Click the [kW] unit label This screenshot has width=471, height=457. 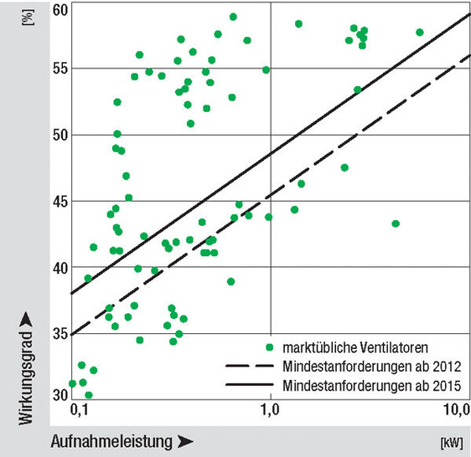pyautogui.click(x=451, y=440)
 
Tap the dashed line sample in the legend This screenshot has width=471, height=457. pyautogui.click(x=249, y=366)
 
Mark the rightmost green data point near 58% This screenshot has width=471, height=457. pyautogui.click(x=420, y=33)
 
